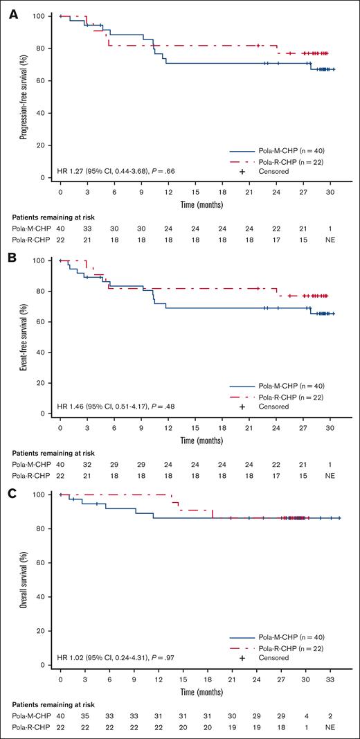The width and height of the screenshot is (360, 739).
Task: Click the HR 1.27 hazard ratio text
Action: pos(125,170)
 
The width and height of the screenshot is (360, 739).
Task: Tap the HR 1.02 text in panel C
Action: pos(125,657)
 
